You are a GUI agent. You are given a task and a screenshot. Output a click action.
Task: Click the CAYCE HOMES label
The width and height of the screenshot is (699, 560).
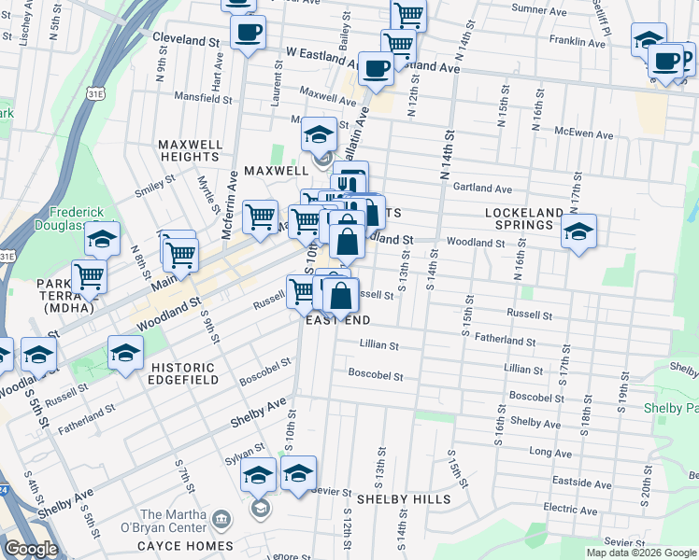(x=185, y=546)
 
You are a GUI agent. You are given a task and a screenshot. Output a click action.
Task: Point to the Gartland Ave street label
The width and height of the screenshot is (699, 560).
(x=482, y=188)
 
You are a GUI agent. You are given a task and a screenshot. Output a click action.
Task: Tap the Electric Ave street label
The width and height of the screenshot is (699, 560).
(x=569, y=509)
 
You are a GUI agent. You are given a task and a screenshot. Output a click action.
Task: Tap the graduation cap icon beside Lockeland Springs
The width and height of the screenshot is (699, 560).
(x=579, y=232)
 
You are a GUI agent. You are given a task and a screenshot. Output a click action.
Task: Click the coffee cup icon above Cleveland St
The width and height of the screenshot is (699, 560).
(x=248, y=34)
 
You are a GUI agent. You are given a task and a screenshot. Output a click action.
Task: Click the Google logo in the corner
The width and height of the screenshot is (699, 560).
(x=30, y=550)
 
